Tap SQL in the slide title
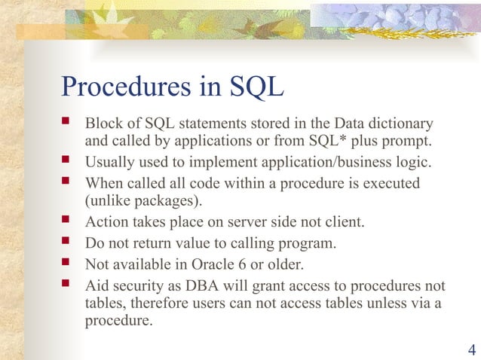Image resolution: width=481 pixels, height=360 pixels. [x=255, y=87]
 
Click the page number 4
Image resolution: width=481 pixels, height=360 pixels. [x=471, y=349]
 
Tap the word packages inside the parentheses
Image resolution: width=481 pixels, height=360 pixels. [x=167, y=200]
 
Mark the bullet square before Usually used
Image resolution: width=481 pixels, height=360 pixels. [x=67, y=161]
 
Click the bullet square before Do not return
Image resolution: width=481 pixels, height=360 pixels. [x=67, y=243]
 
